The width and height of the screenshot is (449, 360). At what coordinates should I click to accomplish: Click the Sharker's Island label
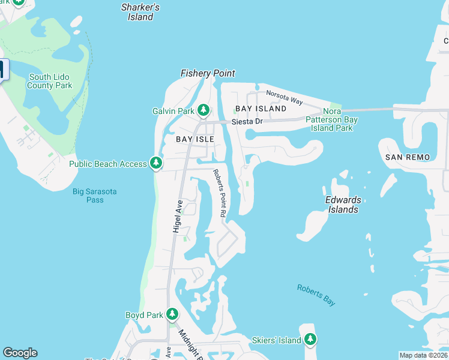point(140,12)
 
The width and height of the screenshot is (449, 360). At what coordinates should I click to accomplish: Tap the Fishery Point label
point(208,73)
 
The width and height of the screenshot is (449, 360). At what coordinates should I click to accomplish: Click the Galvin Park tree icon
point(204,110)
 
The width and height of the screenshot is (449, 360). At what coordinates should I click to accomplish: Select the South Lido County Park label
point(50,81)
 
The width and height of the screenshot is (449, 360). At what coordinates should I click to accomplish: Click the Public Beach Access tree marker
point(156,163)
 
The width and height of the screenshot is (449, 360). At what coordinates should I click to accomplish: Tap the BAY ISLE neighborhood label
point(194,139)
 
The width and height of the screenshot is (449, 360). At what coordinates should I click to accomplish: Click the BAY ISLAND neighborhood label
point(261,109)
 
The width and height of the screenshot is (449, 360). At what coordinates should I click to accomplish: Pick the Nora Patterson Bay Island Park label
point(332,119)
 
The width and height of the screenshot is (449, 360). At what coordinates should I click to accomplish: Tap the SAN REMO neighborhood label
point(408,157)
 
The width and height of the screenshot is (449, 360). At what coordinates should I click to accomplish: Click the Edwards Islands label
point(343,205)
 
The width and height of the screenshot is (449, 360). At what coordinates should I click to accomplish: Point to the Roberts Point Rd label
point(219,193)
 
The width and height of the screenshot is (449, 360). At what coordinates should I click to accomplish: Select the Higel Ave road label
point(177,216)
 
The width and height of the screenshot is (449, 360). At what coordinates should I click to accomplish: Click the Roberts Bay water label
point(316,295)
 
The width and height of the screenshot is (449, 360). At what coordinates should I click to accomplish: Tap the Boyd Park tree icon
point(172,314)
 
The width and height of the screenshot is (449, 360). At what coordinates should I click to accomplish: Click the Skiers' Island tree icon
point(310,340)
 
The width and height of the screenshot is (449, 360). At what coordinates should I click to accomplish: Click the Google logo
point(20,353)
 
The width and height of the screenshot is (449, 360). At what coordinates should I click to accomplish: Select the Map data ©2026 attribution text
point(423,355)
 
